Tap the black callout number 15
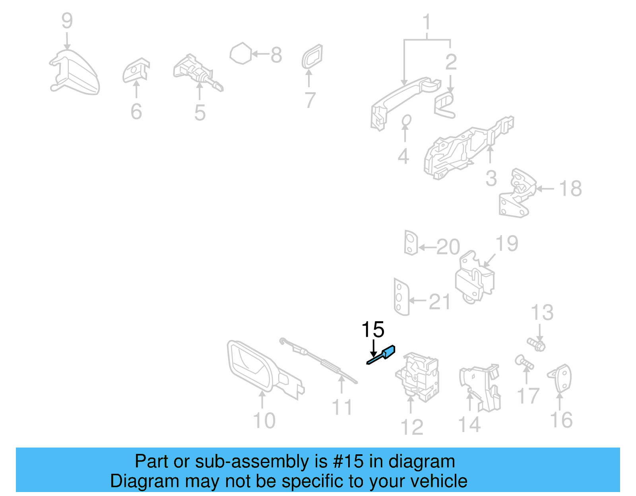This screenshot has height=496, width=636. pos(372,330)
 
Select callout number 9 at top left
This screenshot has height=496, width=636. pos(67,21)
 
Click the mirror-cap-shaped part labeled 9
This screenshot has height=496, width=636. pos(76,73)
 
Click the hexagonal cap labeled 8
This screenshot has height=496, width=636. pos(241,53)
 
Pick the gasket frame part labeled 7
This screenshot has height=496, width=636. pos(312,57)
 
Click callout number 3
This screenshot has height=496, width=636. pos(491,178)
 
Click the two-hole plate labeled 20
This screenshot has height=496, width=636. pos(411,242)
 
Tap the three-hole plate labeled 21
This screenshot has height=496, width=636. pos(401,296)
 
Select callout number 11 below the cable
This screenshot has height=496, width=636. pos(342,407)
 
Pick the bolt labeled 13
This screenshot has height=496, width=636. pos(536,344)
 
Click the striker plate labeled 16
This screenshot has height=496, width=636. pos(561,378)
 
